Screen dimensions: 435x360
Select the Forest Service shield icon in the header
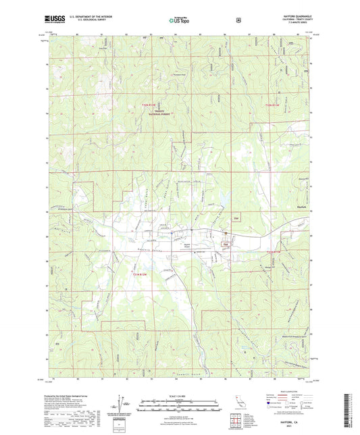click(238, 20)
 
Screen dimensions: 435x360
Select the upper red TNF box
click(236, 218)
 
